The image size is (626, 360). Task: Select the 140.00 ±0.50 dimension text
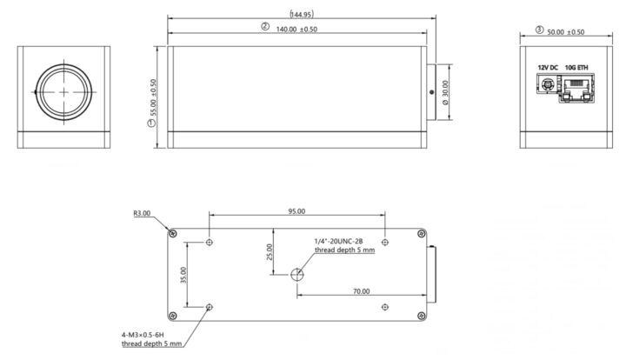click(x=301, y=29)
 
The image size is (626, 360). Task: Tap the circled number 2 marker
click(x=265, y=28)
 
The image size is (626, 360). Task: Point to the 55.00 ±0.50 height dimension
click(x=153, y=97)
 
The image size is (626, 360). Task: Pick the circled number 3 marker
click(x=539, y=30)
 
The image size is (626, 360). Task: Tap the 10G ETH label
click(x=576, y=68)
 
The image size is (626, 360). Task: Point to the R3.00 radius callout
click(x=142, y=212)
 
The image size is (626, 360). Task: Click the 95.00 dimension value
click(x=296, y=211)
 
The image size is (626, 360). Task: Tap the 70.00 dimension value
click(x=361, y=291)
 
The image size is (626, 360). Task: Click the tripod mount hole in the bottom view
click(x=297, y=275)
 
